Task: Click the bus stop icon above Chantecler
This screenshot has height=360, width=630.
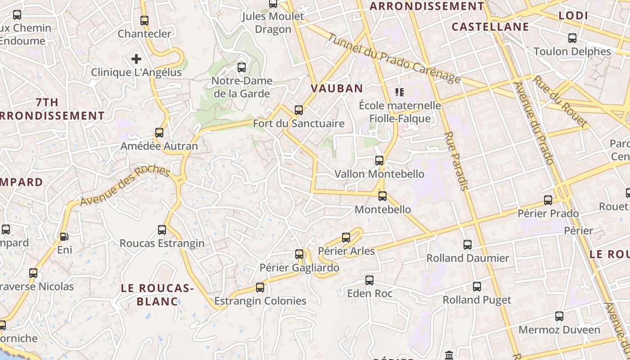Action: click(x=144, y=20)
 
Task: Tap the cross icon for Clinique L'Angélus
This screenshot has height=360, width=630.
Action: click(x=136, y=59)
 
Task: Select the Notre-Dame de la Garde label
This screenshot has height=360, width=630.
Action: click(x=242, y=87)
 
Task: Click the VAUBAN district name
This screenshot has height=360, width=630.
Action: click(x=337, y=88)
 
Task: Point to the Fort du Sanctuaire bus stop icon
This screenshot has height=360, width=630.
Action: click(x=298, y=110)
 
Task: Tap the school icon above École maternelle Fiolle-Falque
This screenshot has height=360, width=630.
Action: click(x=399, y=92)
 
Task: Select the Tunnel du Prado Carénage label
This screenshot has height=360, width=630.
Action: click(x=394, y=58)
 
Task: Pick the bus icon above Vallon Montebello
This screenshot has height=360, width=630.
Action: click(x=379, y=160)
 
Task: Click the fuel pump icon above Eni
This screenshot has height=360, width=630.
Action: click(x=64, y=236)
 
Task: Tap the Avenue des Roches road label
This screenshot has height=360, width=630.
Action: click(x=125, y=186)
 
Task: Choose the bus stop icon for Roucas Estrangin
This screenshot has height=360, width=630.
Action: click(x=162, y=230)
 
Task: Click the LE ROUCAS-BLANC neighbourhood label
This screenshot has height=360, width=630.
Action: click(x=157, y=294)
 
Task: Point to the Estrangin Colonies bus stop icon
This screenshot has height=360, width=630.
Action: click(x=260, y=287)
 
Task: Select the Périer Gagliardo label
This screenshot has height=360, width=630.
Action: click(x=299, y=268)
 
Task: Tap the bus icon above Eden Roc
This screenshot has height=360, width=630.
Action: click(x=369, y=280)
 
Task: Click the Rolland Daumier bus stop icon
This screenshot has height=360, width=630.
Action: click(x=468, y=244)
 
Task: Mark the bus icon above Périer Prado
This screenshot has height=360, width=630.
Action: click(x=548, y=200)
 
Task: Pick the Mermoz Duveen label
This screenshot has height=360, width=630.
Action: click(x=559, y=330)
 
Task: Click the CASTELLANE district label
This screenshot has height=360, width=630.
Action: click(x=490, y=27)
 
